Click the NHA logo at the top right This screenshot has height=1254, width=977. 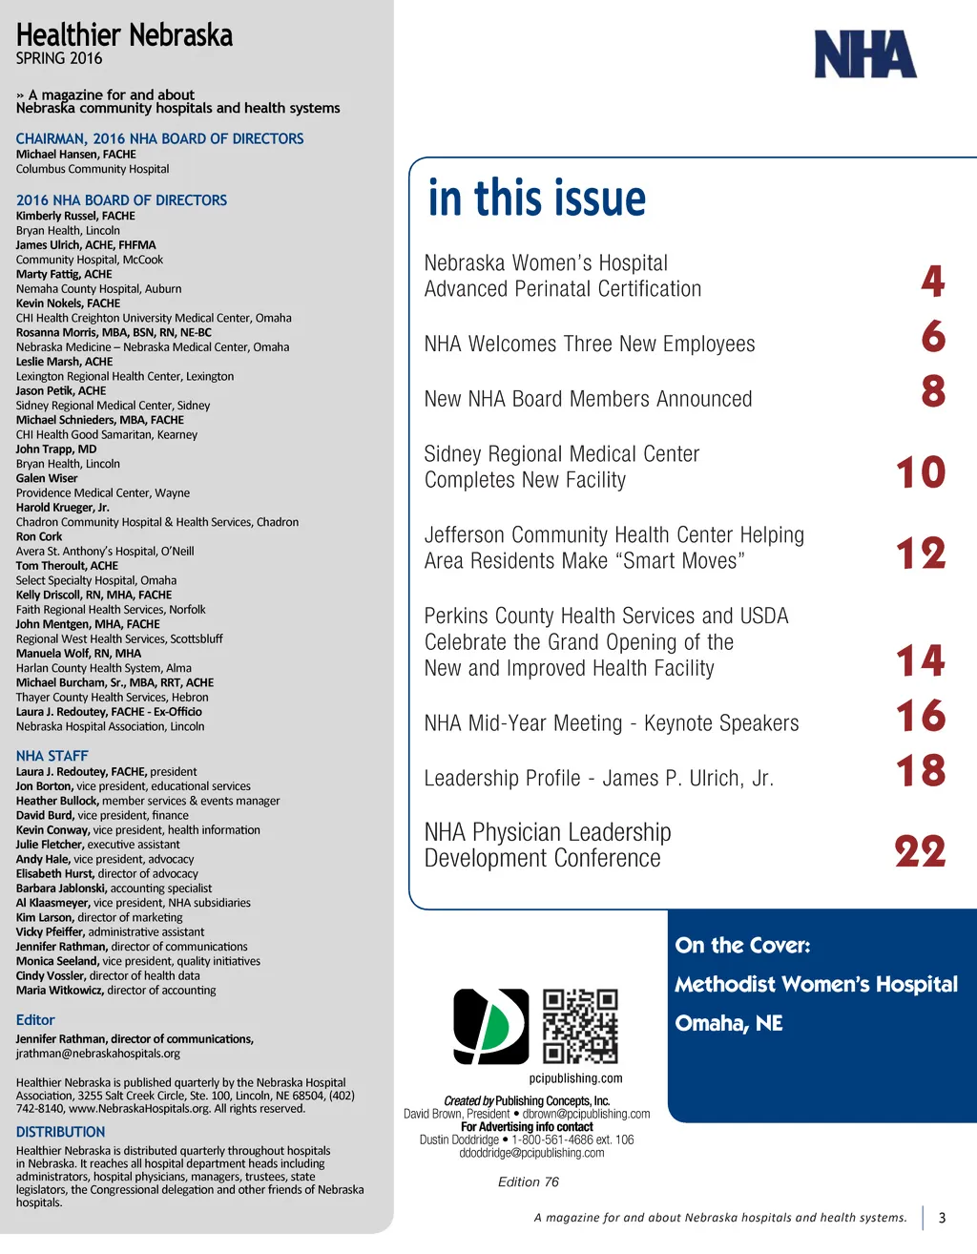864,54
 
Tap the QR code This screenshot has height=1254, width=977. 580,1026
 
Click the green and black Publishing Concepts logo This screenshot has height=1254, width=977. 490,1026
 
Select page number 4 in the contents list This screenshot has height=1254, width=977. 933,281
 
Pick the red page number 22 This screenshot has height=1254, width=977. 920,851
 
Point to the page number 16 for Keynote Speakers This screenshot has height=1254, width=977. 920,716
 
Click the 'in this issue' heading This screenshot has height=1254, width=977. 536,199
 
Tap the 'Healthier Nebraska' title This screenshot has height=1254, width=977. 124,36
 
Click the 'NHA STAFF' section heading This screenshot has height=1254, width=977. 52,756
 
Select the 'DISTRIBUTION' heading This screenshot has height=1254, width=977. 60,1132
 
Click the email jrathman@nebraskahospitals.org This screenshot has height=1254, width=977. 98,1054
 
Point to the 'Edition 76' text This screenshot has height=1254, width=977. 528,1181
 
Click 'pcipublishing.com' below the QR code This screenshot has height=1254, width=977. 575,1078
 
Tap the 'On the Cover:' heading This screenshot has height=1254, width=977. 742,946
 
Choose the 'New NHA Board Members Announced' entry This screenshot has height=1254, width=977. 588,399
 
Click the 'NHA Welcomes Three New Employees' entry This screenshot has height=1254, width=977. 589,344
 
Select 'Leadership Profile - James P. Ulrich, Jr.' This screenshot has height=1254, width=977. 598,779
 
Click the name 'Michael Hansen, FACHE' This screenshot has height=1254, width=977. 75,154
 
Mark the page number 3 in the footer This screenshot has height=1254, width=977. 942,1218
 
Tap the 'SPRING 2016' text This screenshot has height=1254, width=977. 59,58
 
